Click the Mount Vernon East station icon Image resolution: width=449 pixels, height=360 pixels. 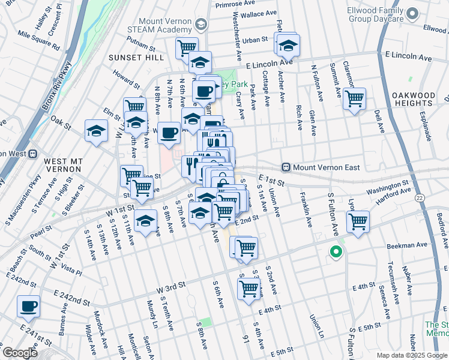pos(287,167)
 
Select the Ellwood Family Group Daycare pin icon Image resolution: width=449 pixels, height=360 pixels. pos(412,13)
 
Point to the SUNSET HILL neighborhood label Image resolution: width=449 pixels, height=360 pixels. pos(136,58)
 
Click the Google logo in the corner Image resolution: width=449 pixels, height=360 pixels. pos(19,353)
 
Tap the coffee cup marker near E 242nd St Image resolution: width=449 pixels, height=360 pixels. pos(28,306)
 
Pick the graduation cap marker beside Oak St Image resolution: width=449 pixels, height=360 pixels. pos(96,131)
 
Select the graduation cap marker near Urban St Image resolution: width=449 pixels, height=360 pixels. pos(289,44)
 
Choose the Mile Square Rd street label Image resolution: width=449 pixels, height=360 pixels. pos(38,40)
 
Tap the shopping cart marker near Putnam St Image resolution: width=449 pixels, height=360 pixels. pos(187,47)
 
